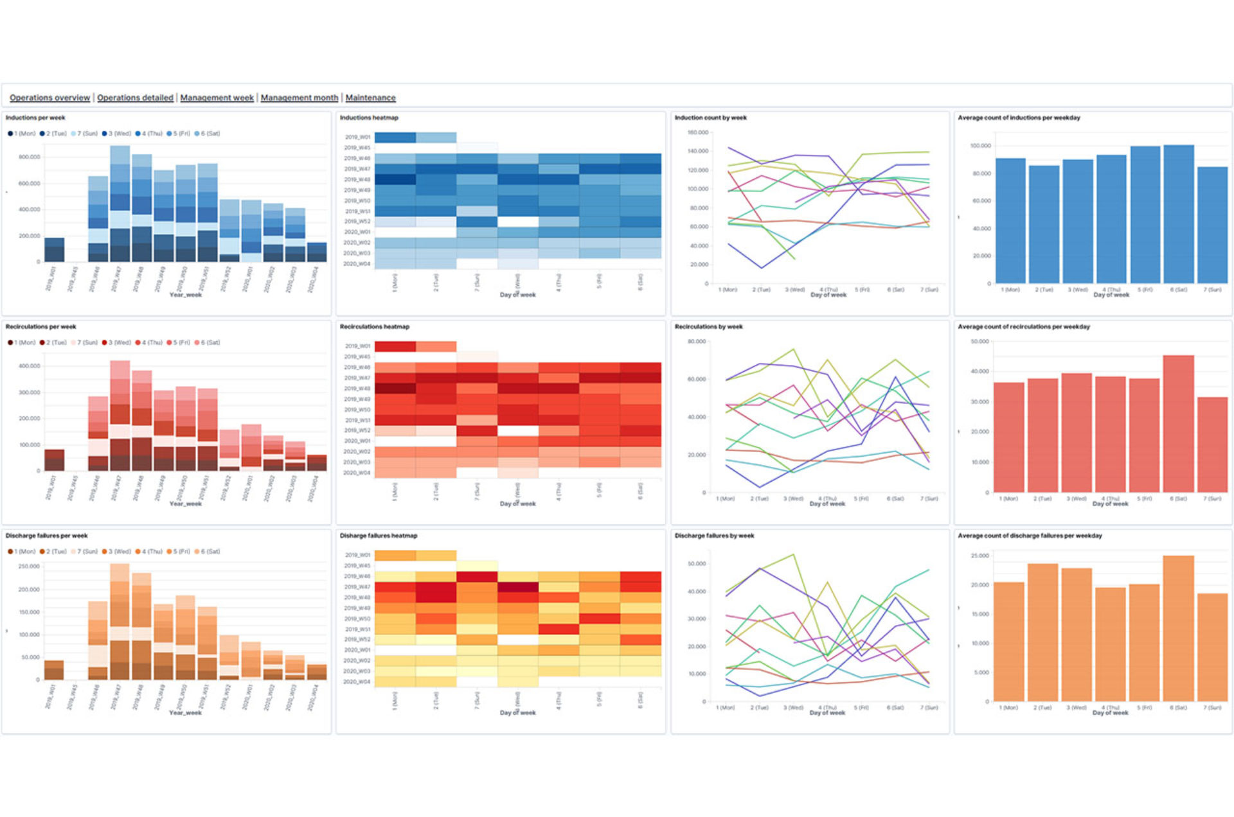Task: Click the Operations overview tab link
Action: pyautogui.click(x=49, y=98)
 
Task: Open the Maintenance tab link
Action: pyautogui.click(x=370, y=98)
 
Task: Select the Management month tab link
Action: pyautogui.click(x=299, y=98)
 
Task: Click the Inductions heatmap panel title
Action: pyautogui.click(x=369, y=118)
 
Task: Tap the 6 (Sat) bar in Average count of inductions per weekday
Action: pyautogui.click(x=1179, y=215)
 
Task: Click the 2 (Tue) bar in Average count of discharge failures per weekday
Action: pyautogui.click(x=1042, y=633)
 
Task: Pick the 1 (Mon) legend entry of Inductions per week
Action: pyautogui.click(x=22, y=134)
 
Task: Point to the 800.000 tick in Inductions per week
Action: pyautogui.click(x=29, y=157)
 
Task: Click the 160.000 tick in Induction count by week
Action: pyautogui.click(x=697, y=132)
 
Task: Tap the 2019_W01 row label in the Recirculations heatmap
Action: pyautogui.click(x=357, y=346)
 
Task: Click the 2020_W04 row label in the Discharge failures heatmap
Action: pyautogui.click(x=357, y=681)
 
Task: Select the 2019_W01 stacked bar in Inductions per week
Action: pyautogui.click(x=54, y=250)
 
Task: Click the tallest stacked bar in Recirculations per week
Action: pyautogui.click(x=120, y=416)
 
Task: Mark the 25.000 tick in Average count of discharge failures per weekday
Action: pyautogui.click(x=979, y=556)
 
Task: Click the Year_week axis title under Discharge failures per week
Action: pyautogui.click(x=185, y=712)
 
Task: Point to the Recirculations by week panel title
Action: pyautogui.click(x=708, y=326)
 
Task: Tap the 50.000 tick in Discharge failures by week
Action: pyautogui.click(x=697, y=564)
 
